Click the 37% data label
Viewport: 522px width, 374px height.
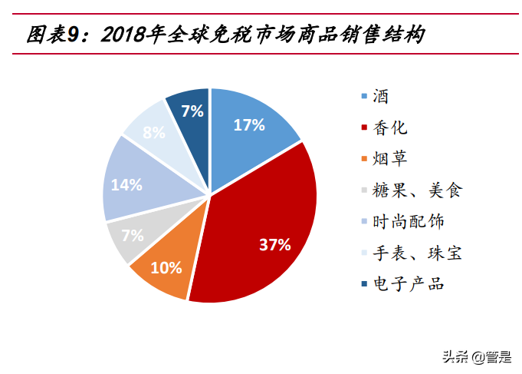coord(274,245)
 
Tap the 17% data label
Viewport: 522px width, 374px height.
coord(249,125)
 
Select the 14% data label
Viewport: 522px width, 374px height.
coord(126,184)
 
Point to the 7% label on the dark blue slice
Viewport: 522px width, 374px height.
coord(192,111)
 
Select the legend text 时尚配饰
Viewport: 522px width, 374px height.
coord(408,221)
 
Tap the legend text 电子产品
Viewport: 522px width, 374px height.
coord(408,284)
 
